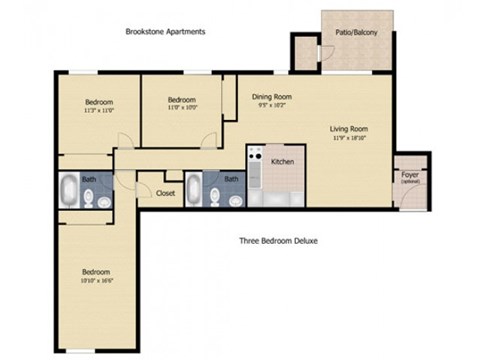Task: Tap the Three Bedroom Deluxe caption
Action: (278, 241)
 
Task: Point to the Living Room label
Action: (350, 128)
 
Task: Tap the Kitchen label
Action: (282, 160)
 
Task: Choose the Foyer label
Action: (410, 175)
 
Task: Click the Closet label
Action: (166, 193)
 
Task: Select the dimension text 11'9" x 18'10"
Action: (350, 138)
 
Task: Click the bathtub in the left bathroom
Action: (70, 189)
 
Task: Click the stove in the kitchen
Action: (254, 178)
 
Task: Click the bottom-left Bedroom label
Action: (95, 271)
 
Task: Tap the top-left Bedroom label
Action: (98, 102)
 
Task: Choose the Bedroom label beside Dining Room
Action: (181, 99)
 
